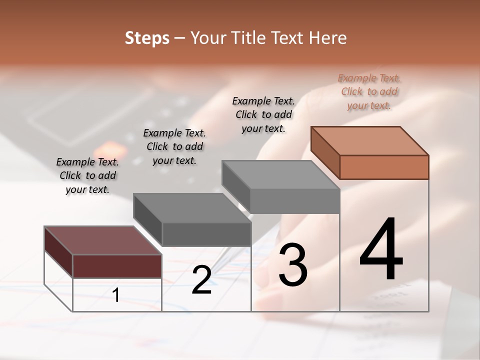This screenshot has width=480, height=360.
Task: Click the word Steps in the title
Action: pos(147,38)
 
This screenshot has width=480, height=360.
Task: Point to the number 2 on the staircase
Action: pos(201,280)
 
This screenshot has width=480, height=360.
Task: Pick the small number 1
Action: pos(116,295)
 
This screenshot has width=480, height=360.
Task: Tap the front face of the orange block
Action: pos(384,167)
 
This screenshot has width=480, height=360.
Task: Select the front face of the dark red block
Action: pos(117,266)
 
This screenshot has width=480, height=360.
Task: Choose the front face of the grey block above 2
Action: pos(206,234)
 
